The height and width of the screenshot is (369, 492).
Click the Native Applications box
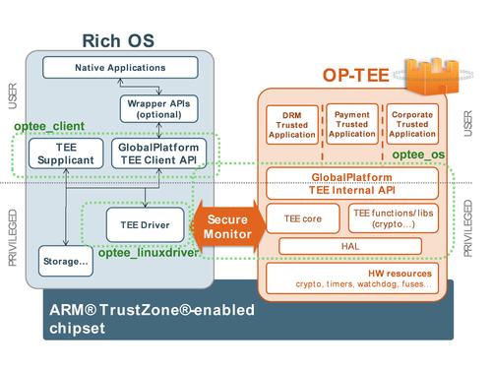coord(119,67)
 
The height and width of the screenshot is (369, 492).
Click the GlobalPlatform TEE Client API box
coord(157,154)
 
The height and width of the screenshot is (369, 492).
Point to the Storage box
coord(64,263)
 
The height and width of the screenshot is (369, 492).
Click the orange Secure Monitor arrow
coord(226,225)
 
